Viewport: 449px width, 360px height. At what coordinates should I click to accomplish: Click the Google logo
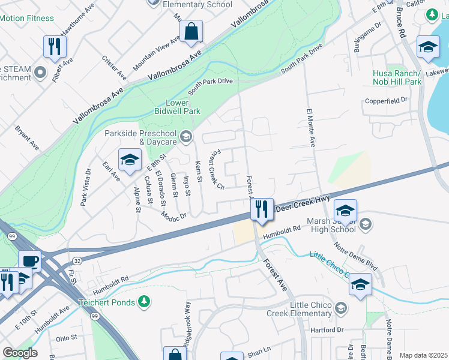[20, 353]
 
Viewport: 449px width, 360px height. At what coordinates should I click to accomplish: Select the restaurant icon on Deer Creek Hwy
[262, 209]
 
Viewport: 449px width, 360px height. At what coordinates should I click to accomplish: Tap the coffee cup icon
[30, 262]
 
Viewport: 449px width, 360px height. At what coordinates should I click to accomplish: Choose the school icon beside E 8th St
[130, 160]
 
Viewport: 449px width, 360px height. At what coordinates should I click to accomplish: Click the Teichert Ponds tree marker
[143, 300]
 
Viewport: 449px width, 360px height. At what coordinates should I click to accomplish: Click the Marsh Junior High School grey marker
[366, 224]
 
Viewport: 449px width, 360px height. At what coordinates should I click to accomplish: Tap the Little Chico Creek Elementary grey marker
[340, 309]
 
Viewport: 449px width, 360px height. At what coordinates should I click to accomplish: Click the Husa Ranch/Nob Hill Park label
[397, 77]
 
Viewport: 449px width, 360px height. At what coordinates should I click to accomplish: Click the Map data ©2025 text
[423, 355]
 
